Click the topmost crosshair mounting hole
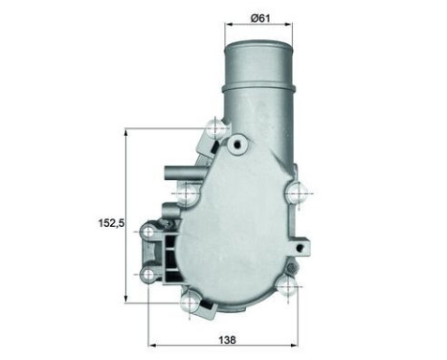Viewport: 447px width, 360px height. click(216, 126)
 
